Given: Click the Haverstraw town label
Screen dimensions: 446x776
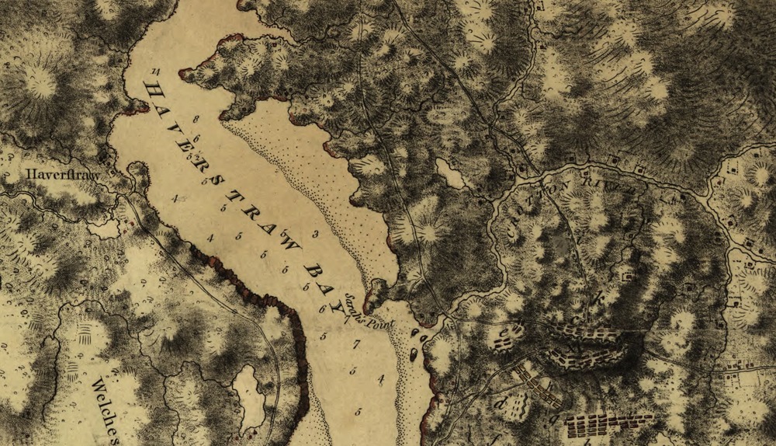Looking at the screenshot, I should point(62,175).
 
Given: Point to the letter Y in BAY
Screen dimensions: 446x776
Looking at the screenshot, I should point(340,305).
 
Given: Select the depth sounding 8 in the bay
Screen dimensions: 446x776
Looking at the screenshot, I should point(196,119).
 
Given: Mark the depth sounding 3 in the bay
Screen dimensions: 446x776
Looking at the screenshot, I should point(315,233).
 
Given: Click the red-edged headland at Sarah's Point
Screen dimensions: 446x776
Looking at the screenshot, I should point(376,294).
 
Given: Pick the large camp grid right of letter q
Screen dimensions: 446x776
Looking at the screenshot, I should point(609,424).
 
